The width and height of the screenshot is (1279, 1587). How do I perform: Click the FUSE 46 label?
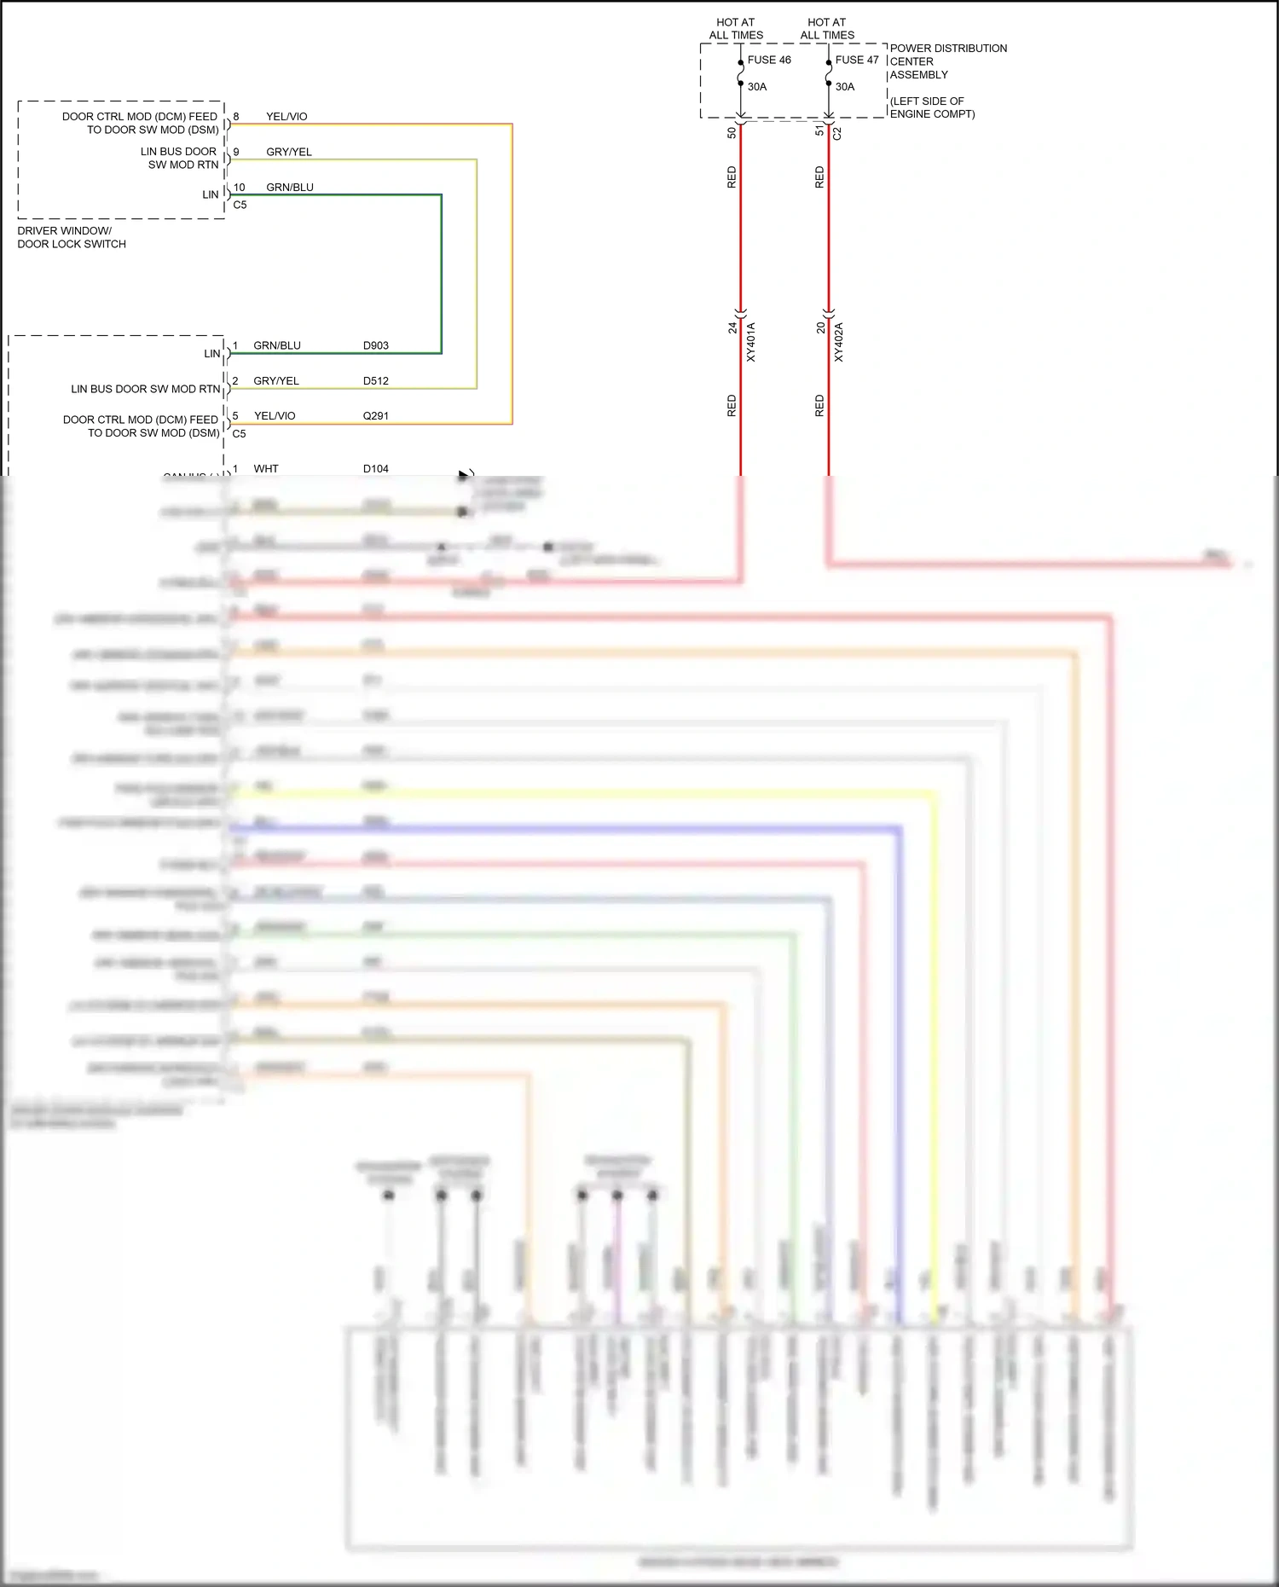pyautogui.click(x=768, y=60)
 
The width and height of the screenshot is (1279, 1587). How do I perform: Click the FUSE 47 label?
pyautogui.click(x=856, y=60)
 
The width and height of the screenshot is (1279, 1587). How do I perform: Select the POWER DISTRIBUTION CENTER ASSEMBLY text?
pyautogui.click(x=947, y=61)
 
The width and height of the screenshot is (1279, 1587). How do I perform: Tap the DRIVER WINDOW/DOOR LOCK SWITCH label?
pyautogui.click(x=72, y=237)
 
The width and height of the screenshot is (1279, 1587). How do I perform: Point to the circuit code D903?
pyautogui.click(x=375, y=345)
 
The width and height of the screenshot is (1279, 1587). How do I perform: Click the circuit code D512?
pyautogui.click(x=375, y=381)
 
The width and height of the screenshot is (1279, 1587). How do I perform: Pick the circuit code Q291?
pyautogui.click(x=375, y=416)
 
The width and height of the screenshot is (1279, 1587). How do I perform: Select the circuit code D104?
pyautogui.click(x=375, y=469)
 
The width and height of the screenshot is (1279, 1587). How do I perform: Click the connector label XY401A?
pyautogui.click(x=751, y=342)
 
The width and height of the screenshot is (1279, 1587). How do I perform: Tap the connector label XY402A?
pyautogui.click(x=838, y=342)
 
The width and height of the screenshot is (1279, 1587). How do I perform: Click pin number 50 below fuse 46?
pyautogui.click(x=732, y=132)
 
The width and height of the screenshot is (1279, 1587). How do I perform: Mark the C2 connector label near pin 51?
pyautogui.click(x=837, y=134)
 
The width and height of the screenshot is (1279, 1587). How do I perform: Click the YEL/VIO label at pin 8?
pyautogui.click(x=286, y=117)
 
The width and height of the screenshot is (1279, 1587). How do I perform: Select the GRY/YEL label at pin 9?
pyautogui.click(x=289, y=152)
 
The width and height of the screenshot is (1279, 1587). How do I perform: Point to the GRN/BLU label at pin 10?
pyautogui.click(x=290, y=188)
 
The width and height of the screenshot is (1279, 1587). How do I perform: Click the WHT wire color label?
pyautogui.click(x=266, y=469)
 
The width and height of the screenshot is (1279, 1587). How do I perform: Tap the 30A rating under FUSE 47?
pyautogui.click(x=844, y=87)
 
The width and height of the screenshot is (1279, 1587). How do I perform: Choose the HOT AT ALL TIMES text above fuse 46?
pyautogui.click(x=736, y=29)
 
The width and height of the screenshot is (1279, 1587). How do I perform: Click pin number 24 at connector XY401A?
pyautogui.click(x=732, y=327)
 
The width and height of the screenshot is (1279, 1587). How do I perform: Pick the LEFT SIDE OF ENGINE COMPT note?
pyautogui.click(x=932, y=107)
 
